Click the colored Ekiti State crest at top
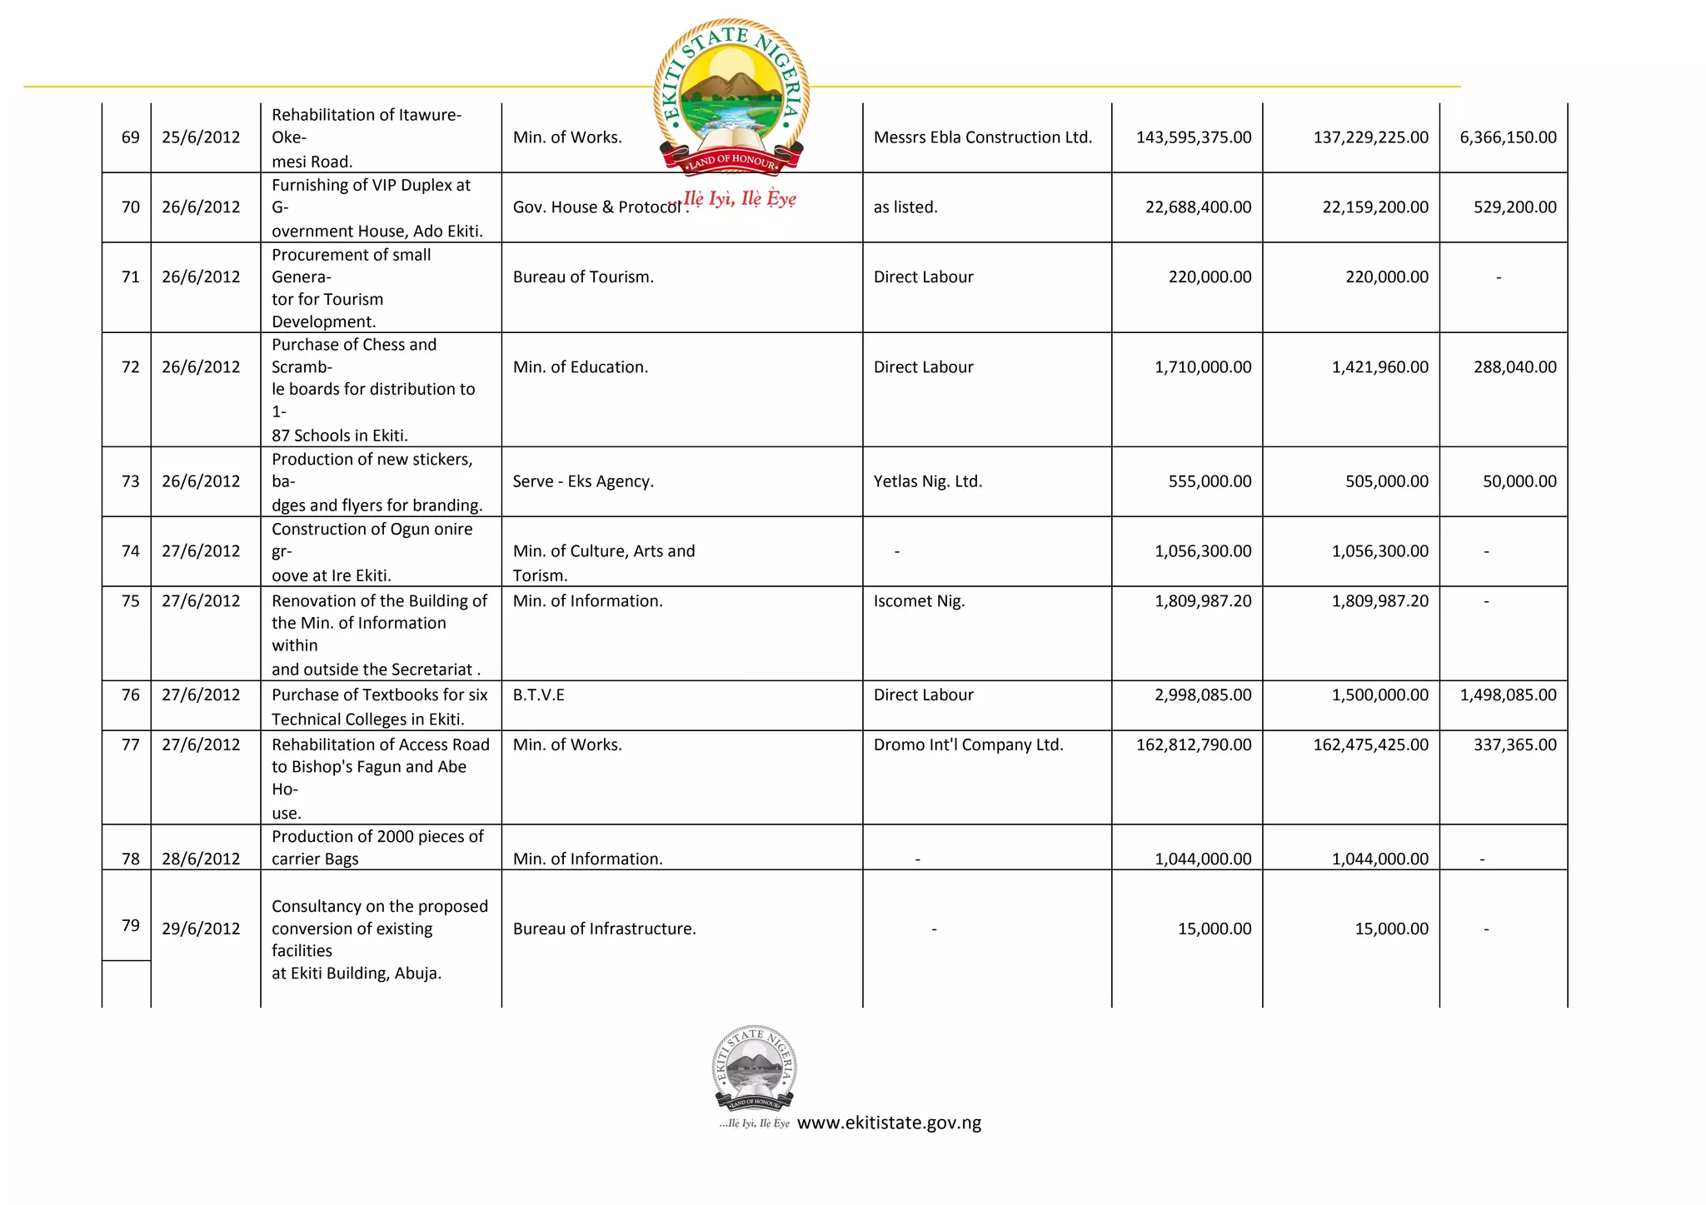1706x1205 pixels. (x=731, y=97)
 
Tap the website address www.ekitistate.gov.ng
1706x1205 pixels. (x=889, y=1123)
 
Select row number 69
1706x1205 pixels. (x=131, y=137)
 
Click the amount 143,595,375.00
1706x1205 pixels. (x=1193, y=137)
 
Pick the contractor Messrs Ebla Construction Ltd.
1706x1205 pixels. (x=982, y=137)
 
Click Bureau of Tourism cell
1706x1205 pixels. (x=583, y=277)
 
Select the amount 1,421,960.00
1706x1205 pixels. (x=1379, y=367)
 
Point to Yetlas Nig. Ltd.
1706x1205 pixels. (x=927, y=481)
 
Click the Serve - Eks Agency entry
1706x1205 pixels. (x=583, y=481)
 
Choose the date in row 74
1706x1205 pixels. (x=201, y=551)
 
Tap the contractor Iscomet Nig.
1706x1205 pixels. (x=919, y=601)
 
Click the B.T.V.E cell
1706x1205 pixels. (x=538, y=695)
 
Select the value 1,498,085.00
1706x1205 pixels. (x=1507, y=695)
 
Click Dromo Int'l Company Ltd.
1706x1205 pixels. (x=968, y=745)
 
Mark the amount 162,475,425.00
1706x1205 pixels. (x=1370, y=745)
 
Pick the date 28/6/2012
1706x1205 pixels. (x=201, y=859)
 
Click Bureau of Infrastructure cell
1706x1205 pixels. (x=604, y=929)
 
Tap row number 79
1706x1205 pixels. (x=131, y=926)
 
